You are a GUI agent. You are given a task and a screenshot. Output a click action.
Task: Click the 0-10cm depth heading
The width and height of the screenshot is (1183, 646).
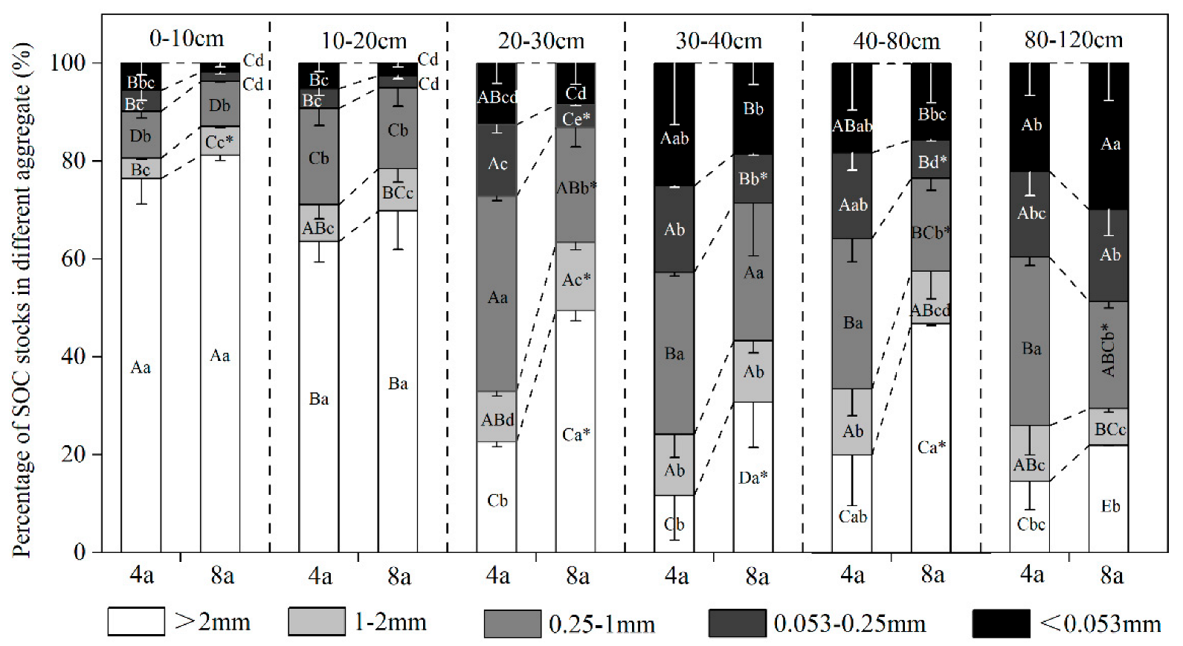(x=186, y=38)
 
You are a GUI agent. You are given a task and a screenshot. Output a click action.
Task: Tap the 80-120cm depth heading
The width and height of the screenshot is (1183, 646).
(x=1073, y=39)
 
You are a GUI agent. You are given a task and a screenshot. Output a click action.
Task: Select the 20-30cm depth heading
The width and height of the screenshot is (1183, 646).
(x=541, y=40)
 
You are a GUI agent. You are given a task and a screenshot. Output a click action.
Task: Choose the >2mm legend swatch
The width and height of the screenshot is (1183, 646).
(x=136, y=621)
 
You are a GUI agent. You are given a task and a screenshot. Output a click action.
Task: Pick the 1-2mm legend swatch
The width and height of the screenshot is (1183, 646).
(x=317, y=621)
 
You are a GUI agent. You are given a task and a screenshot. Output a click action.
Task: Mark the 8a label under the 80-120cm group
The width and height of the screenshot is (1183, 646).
(x=1111, y=575)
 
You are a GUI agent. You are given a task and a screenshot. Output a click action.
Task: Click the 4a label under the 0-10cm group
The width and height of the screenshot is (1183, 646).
(x=141, y=575)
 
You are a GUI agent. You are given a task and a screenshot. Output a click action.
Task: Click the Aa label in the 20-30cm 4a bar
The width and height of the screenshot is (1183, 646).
(x=497, y=298)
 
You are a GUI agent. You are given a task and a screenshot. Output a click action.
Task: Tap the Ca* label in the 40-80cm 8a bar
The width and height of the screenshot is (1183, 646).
(x=931, y=447)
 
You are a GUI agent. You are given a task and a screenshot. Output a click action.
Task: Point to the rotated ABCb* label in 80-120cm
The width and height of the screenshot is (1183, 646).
(x=1109, y=349)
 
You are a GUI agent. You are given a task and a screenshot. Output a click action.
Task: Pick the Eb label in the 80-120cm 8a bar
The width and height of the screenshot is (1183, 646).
(x=1109, y=507)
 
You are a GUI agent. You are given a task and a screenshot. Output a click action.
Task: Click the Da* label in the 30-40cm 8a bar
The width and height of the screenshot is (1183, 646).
(x=752, y=477)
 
